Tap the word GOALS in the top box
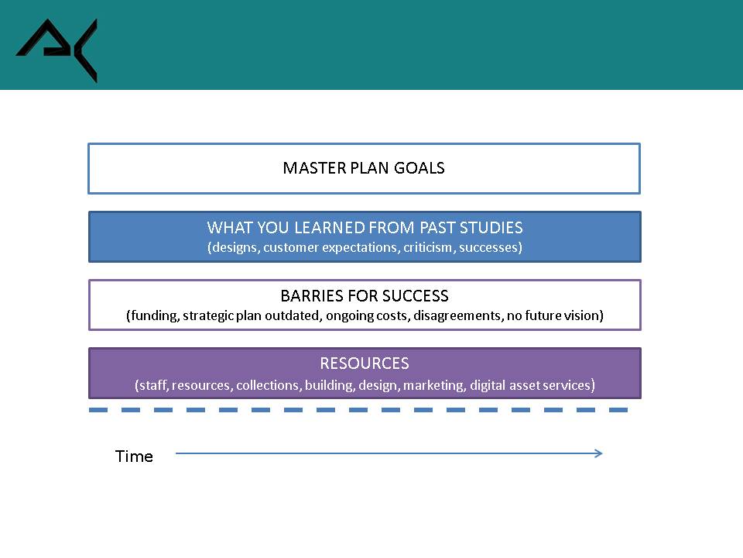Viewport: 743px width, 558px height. tap(419, 168)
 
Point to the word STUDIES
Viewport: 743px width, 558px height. tap(491, 228)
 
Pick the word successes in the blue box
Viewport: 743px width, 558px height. tap(488, 248)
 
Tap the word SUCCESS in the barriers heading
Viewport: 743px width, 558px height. tap(415, 296)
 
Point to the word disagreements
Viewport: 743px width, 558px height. tap(457, 316)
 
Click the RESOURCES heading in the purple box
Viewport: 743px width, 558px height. tap(365, 363)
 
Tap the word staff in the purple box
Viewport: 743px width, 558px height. tap(152, 385)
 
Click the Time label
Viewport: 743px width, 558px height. tap(134, 456)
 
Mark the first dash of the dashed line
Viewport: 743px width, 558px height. tap(98, 410)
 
